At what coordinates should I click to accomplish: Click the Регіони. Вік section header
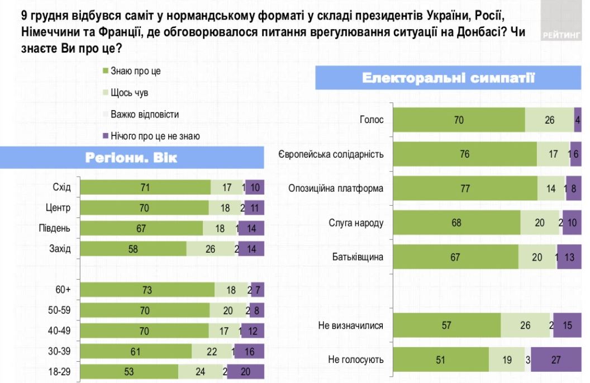click(x=132, y=158)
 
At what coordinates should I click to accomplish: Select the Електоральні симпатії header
click(x=449, y=79)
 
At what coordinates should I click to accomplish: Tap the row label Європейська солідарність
click(x=331, y=154)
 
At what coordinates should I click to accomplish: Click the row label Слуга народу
click(x=356, y=223)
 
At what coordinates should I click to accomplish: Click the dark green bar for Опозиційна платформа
click(x=465, y=188)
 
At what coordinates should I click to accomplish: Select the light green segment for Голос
click(x=549, y=119)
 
